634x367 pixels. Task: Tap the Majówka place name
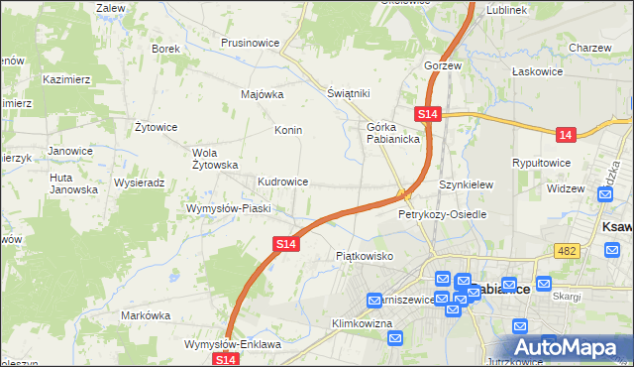263,95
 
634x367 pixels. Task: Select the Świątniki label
348,93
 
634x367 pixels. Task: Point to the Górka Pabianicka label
394,133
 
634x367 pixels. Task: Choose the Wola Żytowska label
215,159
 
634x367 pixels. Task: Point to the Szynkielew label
466,184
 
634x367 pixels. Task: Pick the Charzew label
590,47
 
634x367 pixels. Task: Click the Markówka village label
146,314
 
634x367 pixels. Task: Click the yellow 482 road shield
566,253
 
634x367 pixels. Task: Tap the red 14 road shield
565,133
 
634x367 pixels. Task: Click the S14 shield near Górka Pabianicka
427,115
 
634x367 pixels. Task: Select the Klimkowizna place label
364,323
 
